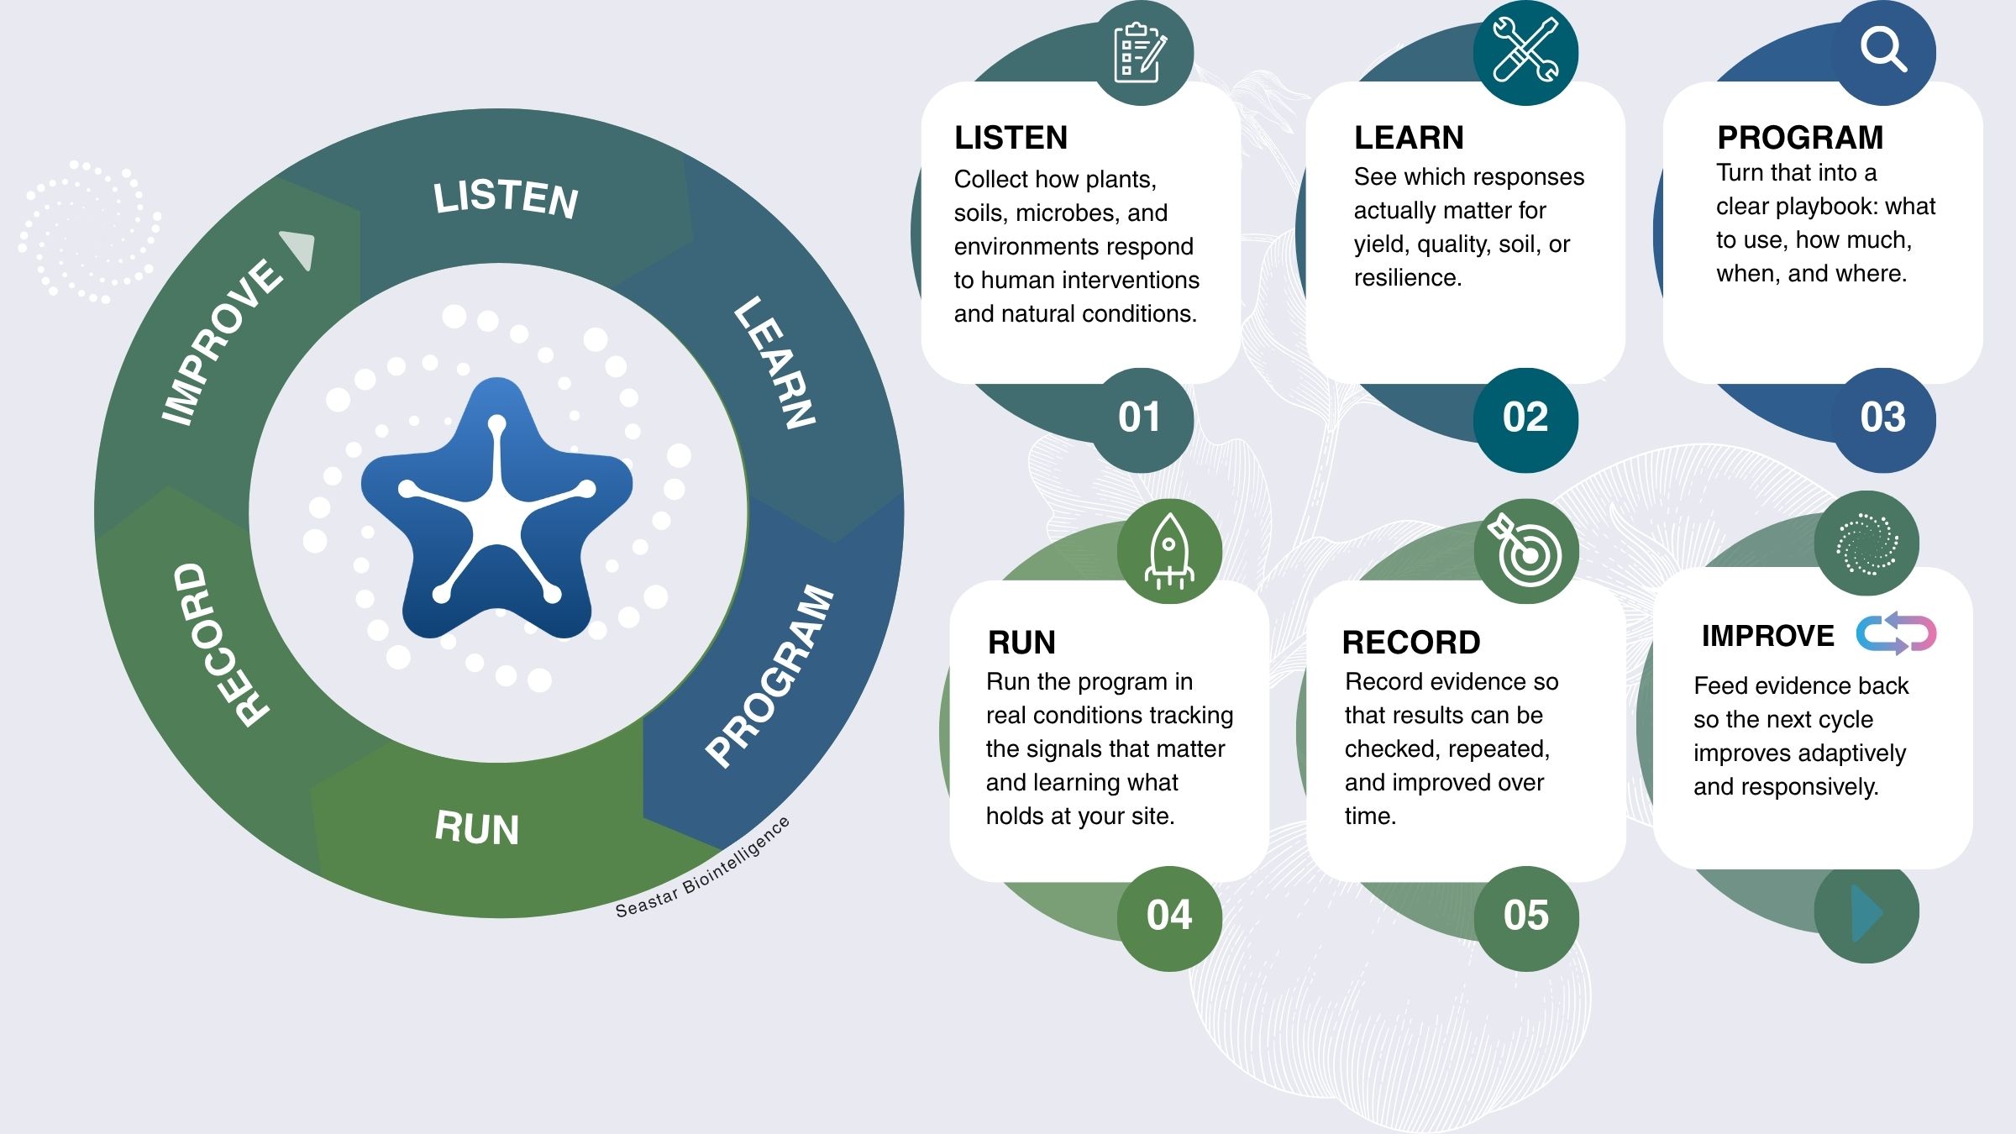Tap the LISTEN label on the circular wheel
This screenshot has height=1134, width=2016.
click(506, 199)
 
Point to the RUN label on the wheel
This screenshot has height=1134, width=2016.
click(477, 828)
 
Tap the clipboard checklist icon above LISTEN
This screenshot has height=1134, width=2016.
click(1140, 53)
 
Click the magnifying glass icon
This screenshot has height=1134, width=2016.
click(1883, 50)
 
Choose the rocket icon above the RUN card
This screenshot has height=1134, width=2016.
click(1169, 551)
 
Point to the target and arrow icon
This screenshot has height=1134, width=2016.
click(1525, 551)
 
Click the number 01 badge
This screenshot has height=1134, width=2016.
click(1140, 417)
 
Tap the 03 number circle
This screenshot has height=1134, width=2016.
click(1883, 417)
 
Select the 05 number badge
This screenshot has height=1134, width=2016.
click(1526, 916)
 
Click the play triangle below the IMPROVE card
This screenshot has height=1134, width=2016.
click(1866, 912)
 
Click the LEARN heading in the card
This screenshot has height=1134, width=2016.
click(1409, 137)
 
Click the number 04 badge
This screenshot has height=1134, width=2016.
click(1169, 916)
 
